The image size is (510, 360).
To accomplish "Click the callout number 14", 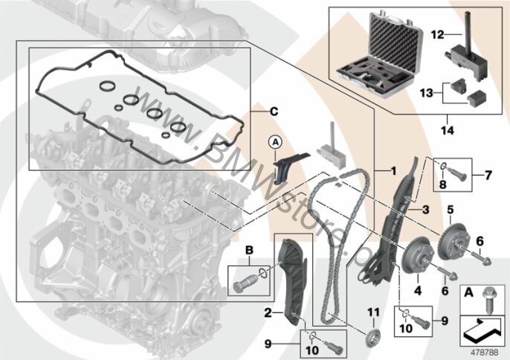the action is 448,130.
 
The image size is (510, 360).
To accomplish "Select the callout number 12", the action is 438,34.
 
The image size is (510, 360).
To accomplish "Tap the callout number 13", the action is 427,93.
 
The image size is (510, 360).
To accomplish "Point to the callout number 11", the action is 373,313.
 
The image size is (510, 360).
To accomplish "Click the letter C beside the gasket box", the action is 274,112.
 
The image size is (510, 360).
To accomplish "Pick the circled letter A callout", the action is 275,142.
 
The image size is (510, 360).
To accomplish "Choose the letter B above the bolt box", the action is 249,251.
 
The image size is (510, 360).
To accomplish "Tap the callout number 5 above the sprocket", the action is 451,210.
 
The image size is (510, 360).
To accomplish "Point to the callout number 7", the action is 488,176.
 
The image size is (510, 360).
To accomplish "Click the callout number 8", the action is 442,184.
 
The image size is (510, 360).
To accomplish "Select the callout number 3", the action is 425,210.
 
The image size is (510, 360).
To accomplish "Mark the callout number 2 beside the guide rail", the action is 268,313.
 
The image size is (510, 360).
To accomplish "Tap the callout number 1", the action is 393,170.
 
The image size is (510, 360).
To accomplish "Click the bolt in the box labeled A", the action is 489,300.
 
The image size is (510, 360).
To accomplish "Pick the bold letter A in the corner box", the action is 468,293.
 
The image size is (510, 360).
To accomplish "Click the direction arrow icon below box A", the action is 483,331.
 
